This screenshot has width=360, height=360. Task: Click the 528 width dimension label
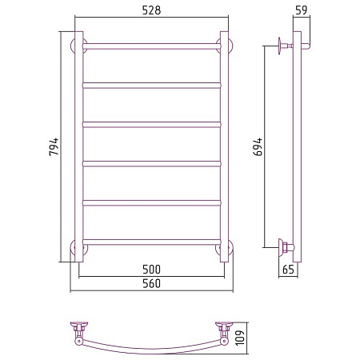pos(151,10)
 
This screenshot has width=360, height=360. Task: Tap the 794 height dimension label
pos(54,146)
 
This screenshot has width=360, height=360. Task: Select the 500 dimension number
pos(151,270)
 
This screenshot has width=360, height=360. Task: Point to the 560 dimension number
pos(151,283)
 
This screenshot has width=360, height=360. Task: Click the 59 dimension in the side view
pos(302,10)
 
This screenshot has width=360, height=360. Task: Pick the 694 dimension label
pos(258,146)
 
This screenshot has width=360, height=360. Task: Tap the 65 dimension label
pos(288,270)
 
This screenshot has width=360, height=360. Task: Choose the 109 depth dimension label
pos(240,338)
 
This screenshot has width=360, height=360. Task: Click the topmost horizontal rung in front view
pos(152,46)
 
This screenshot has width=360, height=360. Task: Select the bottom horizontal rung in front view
pos(152,242)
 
